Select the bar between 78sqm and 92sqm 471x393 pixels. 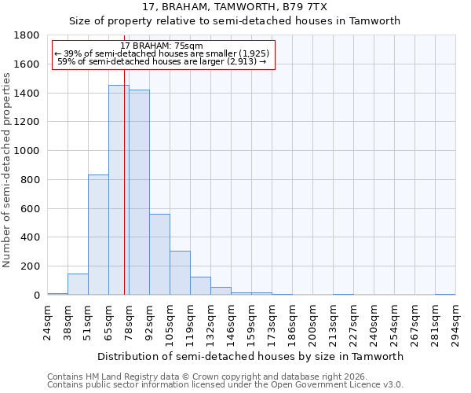coord(139,193)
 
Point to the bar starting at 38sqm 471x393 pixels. coord(78,285)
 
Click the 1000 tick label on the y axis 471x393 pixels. coord(28,151)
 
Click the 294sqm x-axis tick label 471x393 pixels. coord(455,322)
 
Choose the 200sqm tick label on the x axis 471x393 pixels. coord(312,322)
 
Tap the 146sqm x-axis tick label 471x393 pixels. coord(231,322)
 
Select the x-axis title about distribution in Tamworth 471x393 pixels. coord(251,356)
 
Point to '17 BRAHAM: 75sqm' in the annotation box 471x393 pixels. coord(162,46)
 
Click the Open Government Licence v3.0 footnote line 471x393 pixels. coord(225,384)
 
